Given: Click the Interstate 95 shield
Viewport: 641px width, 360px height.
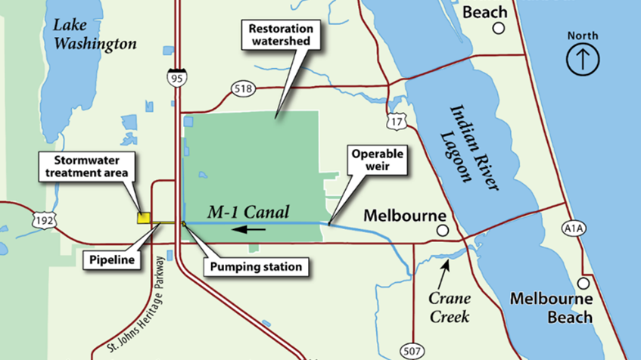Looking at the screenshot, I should [176, 74].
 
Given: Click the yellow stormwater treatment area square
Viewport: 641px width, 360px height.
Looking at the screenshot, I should [142, 218].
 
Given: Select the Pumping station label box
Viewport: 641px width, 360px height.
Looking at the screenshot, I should [256, 266].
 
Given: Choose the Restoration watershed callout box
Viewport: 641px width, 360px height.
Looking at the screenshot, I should [279, 33].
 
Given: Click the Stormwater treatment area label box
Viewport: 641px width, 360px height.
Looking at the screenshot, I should [90, 166].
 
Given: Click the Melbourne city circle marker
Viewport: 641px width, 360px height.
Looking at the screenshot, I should [441, 230].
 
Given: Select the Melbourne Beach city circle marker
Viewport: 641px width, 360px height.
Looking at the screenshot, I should [583, 284].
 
